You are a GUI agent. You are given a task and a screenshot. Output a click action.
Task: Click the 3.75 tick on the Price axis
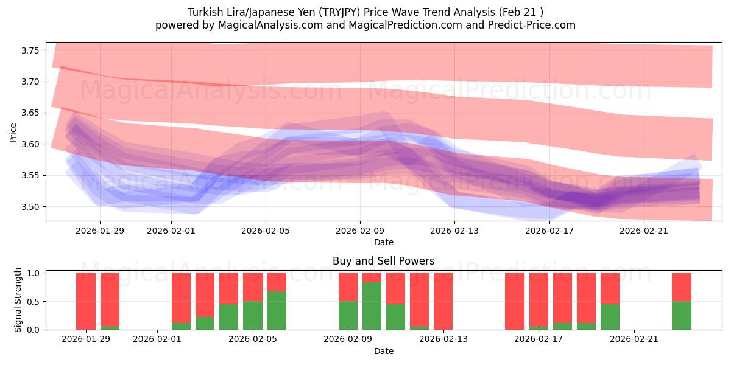coord(30,50)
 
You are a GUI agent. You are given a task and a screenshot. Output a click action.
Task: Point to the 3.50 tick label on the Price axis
coord(30,207)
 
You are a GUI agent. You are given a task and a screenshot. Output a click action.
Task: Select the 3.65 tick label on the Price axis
coord(30,113)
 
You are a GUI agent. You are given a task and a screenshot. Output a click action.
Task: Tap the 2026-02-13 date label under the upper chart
coord(454,231)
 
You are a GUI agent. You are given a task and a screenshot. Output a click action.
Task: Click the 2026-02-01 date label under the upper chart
coord(171,231)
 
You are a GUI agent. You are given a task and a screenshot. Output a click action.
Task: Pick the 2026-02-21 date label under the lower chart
coord(635,339)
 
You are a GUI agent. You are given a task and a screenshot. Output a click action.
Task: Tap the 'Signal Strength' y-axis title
coord(18,300)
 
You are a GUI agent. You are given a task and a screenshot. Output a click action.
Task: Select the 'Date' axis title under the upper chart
coord(383,242)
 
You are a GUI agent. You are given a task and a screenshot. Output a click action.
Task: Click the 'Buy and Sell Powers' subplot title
coord(383,261)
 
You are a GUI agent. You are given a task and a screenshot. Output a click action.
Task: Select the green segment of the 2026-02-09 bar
coord(348,315)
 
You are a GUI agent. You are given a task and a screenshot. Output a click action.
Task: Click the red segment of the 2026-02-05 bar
coord(253,287)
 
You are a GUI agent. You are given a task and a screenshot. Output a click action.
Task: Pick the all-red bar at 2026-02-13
coord(443,301)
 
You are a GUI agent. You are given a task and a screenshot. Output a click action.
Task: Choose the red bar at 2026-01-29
coord(86,301)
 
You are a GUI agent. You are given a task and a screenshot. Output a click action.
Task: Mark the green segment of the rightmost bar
coord(681,315)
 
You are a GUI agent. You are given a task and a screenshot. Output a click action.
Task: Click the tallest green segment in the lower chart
coord(372,306)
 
